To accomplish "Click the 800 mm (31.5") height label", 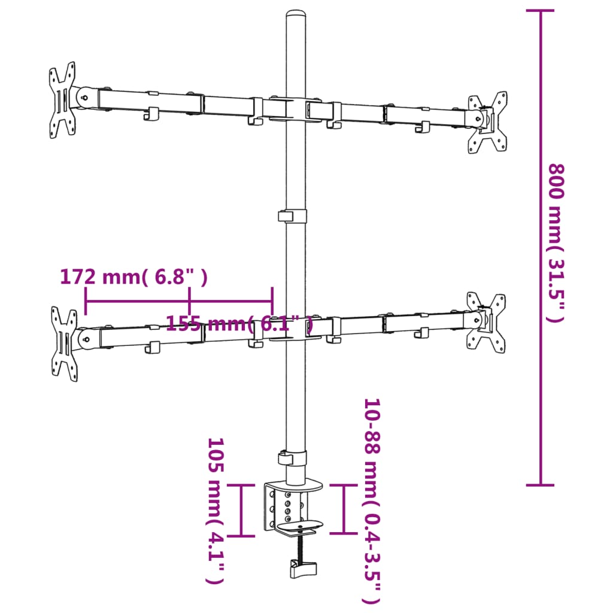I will click(x=556, y=242).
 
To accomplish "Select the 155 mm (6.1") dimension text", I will click(x=239, y=324).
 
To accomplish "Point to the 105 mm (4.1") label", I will click(x=216, y=511).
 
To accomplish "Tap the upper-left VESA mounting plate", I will click(x=63, y=100).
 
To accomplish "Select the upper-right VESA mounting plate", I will click(x=488, y=122).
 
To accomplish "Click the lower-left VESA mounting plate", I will click(x=64, y=344).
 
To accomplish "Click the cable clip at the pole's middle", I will click(x=292, y=216).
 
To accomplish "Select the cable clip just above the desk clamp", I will click(x=292, y=458).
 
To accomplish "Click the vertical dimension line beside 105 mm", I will click(x=242, y=509).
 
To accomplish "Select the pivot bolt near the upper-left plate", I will click(x=85, y=96).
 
